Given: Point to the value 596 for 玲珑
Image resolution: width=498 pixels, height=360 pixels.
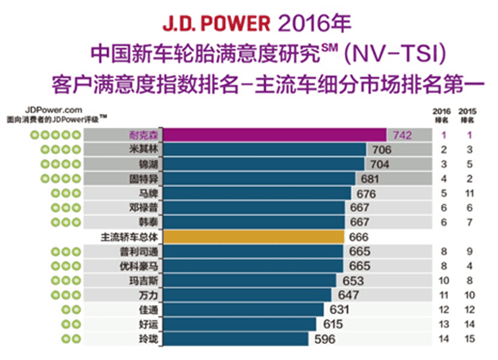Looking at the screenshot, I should (326, 339).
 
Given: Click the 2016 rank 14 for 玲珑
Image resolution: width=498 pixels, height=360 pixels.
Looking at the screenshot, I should (446, 339).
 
